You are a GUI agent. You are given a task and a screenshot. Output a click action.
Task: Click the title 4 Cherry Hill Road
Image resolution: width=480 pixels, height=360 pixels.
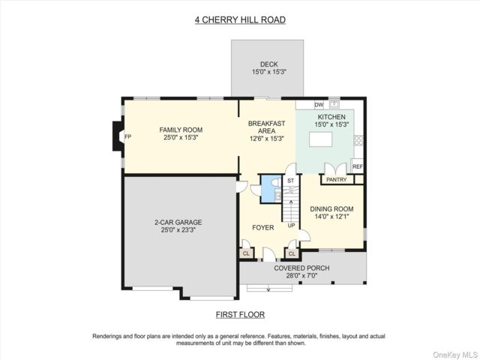tap(240, 20)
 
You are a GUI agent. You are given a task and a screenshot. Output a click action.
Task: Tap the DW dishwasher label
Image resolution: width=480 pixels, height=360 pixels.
tap(319, 105)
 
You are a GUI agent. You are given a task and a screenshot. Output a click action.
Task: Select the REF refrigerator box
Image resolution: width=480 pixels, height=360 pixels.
tap(357, 166)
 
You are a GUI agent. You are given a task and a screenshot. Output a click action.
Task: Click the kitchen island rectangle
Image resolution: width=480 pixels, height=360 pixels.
tap(321, 139)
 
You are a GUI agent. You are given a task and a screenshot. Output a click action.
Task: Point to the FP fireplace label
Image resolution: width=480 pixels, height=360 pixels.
tap(128, 136)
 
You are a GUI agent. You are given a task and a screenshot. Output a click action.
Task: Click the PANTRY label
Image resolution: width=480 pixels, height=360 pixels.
tap(337, 180)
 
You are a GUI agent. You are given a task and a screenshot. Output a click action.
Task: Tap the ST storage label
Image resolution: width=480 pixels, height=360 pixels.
tap(290, 181)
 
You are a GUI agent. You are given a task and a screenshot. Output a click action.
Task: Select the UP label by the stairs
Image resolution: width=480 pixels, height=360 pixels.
tap(292, 225)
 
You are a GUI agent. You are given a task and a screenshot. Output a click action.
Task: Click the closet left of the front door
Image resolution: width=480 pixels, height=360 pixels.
tap(246, 253)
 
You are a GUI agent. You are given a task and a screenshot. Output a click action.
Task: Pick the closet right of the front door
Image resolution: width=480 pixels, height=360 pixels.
tap(292, 253)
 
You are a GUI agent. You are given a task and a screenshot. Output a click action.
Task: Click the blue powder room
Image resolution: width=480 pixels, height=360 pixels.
tap(271, 189)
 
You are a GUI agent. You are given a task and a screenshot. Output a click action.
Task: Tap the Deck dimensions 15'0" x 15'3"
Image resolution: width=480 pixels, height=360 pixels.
tap(269, 72)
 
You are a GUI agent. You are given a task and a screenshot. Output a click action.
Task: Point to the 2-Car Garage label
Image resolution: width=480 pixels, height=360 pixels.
tap(178, 222)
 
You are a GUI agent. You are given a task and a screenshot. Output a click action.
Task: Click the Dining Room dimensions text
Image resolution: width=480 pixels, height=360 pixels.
tap(331, 217)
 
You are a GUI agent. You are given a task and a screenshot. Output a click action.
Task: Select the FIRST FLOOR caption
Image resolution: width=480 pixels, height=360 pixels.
tap(240, 315)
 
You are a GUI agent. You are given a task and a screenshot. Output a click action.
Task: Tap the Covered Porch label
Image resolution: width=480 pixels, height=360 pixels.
tap(301, 268)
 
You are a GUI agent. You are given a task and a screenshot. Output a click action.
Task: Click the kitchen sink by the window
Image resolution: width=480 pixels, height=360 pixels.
tap(334, 104)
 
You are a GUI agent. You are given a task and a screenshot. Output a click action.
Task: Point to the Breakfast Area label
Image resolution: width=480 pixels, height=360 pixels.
tap(267, 127)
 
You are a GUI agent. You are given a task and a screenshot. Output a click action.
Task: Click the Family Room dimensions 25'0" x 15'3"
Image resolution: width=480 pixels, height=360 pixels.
tap(181, 137)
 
